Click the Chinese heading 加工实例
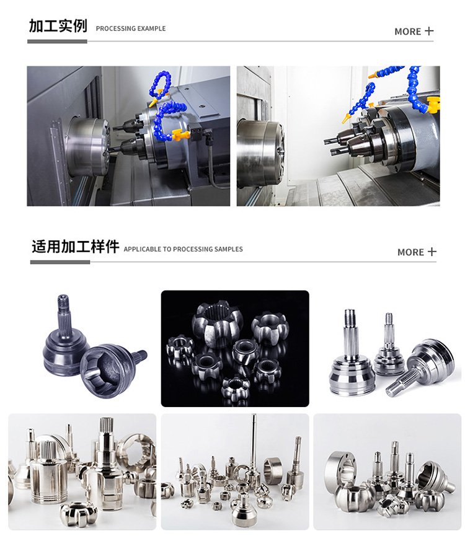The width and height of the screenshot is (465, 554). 58,26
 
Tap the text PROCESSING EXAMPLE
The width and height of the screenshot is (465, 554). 130,29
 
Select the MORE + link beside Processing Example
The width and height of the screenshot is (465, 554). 414,32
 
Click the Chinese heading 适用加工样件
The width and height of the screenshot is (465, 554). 75,246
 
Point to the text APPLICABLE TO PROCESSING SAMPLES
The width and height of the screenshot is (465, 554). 183,249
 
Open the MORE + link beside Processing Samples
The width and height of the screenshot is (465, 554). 417,252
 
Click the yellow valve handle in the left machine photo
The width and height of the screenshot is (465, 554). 180,134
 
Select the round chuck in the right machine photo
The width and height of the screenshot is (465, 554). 261,153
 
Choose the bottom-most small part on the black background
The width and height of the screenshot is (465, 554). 235,387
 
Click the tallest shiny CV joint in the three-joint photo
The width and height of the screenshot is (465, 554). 350,353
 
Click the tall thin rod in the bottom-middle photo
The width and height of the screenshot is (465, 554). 254,445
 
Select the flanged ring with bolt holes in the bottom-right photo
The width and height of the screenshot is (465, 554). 340,471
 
